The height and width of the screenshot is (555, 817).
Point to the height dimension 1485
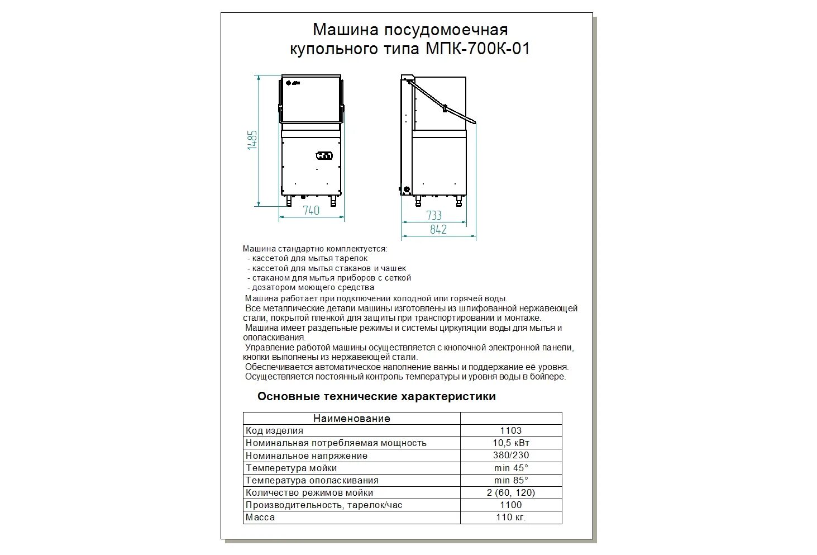[x=252, y=140]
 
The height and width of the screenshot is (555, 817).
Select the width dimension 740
[x=311, y=211]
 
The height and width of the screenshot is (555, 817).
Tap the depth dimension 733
[x=433, y=216]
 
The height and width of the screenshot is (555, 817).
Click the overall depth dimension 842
[x=438, y=229]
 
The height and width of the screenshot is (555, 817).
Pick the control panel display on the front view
[x=324, y=155]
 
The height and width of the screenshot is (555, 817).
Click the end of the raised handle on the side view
[x=473, y=120]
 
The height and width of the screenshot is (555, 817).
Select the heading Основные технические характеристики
[x=376, y=397]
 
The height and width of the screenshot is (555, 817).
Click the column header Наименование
[x=351, y=418]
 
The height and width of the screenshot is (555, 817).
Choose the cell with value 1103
[x=510, y=430]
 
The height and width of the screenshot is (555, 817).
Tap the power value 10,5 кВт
[x=510, y=443]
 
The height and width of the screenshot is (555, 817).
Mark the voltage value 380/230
[x=510, y=455]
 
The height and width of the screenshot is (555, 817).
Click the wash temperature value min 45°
[x=510, y=468]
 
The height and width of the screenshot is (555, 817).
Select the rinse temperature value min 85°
[x=510, y=480]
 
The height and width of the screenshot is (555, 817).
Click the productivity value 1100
[x=510, y=505]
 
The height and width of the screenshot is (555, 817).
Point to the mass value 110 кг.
[x=510, y=517]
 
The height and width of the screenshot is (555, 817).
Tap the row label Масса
[x=260, y=517]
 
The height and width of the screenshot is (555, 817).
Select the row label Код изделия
[x=274, y=430]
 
